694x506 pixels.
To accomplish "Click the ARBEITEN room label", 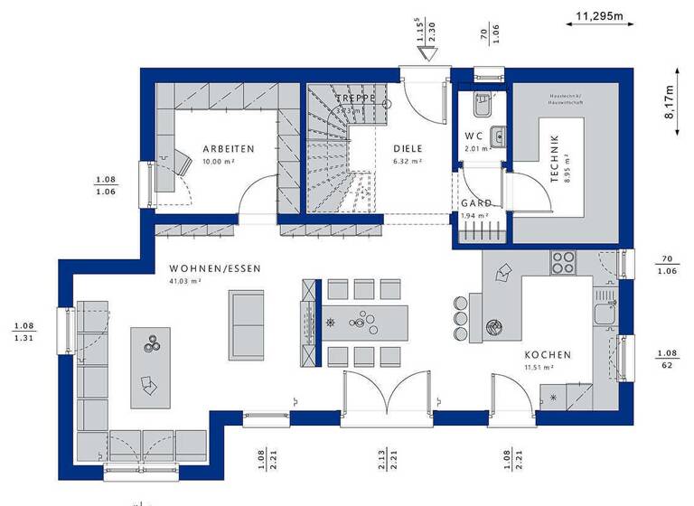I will [228, 148].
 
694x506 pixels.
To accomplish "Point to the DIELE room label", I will [408, 148].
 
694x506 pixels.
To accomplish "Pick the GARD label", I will [476, 204].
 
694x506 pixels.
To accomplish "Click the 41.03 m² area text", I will [185, 281].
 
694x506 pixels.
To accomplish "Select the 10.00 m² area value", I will [218, 161].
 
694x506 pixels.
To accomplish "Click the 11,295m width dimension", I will [605, 14].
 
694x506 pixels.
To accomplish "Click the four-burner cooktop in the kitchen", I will [563, 261].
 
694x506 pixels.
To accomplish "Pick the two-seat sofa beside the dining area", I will [246, 323].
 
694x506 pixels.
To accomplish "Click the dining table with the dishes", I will [365, 321].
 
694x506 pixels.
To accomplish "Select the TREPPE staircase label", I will [355, 98].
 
